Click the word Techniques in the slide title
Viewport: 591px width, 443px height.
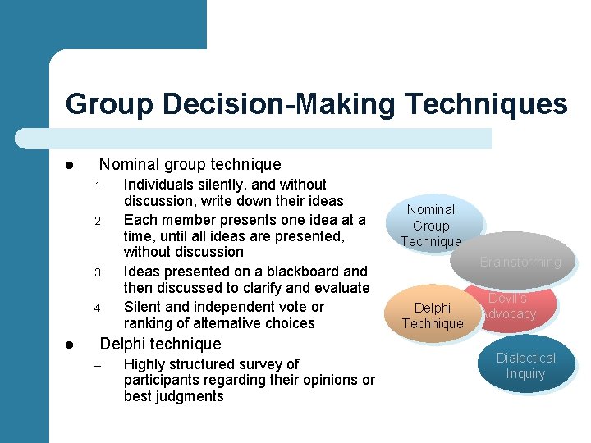pyautogui.click(x=486, y=104)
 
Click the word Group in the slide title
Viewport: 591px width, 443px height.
pyautogui.click(x=113, y=104)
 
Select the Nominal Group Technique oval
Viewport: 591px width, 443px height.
pyautogui.click(x=432, y=225)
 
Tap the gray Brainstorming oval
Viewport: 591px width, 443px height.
pyautogui.click(x=520, y=262)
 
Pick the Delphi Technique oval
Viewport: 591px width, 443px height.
pyautogui.click(x=433, y=315)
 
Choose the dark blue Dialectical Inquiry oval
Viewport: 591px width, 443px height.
pyautogui.click(x=525, y=366)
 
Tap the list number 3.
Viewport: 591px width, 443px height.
pyautogui.click(x=97, y=272)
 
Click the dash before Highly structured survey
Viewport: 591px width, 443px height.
pyautogui.click(x=97, y=365)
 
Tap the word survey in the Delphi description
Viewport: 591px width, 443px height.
pyautogui.click(x=277, y=363)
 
